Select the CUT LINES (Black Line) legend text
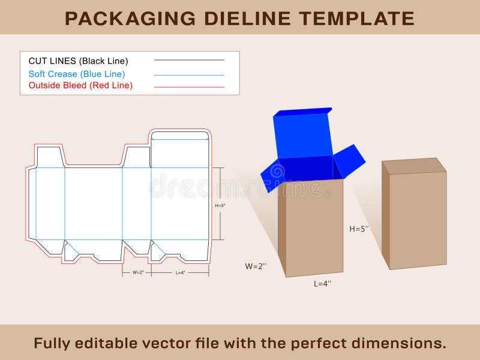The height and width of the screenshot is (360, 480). [78, 61]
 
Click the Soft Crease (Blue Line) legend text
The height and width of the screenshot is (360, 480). [77, 74]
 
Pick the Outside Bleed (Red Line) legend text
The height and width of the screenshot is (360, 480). [80, 85]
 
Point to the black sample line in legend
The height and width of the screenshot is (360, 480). [189, 60]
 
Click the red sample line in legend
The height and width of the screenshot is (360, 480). [189, 87]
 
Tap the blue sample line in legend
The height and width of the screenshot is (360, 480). [189, 75]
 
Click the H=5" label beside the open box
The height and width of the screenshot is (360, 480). [359, 229]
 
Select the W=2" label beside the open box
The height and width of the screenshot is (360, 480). [256, 266]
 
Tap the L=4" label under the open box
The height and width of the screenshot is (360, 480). [323, 284]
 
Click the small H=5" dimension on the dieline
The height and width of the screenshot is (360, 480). [220, 206]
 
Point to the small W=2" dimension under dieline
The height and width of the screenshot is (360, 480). [138, 272]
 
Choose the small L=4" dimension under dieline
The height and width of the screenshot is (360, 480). [180, 272]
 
